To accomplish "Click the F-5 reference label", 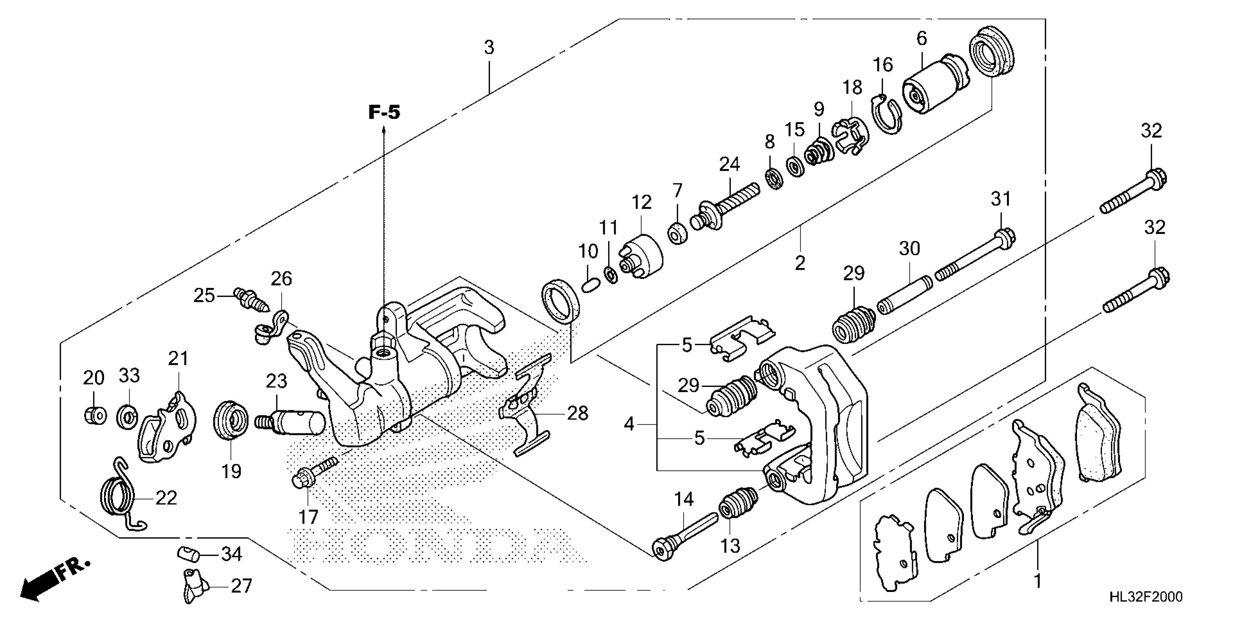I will pos(384,113).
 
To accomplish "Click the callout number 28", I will pos(577,413).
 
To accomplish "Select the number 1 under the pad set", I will pos(1038,581).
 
